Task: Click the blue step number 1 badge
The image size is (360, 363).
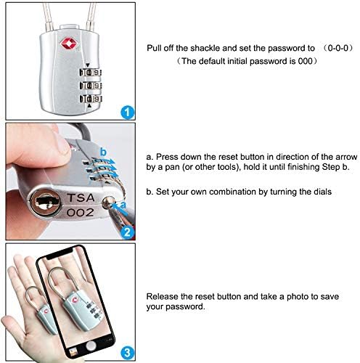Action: (127, 112)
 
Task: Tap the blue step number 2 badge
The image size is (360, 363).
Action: (127, 232)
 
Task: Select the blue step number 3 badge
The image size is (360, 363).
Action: (127, 353)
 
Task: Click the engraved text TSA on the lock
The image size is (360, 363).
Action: (81, 197)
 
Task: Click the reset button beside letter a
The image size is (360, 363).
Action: (107, 203)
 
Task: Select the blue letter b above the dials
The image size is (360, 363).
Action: (103, 152)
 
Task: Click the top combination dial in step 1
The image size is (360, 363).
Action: (90, 73)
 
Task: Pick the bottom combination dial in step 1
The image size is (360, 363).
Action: (91, 99)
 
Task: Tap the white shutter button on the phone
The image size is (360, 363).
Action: (91, 345)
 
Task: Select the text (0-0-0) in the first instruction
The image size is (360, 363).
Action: (339, 48)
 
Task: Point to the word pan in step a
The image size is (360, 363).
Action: (172, 168)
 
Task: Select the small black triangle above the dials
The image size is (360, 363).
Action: (88, 65)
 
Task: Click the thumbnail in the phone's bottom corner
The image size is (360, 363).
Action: (73, 353)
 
